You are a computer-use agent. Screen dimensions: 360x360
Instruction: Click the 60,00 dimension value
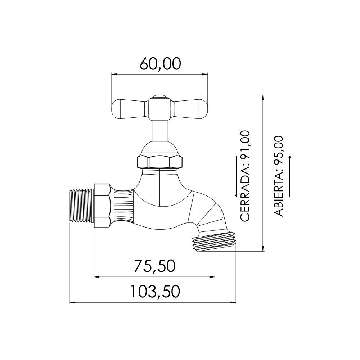point(161,64)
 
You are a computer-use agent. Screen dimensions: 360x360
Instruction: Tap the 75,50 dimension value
point(154,266)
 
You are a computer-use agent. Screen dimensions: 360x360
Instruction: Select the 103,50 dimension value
point(155,291)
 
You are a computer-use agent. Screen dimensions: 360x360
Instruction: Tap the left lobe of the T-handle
point(129,109)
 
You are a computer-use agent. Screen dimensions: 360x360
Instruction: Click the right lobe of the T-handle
point(190,109)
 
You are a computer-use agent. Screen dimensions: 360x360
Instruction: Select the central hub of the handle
point(159,109)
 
